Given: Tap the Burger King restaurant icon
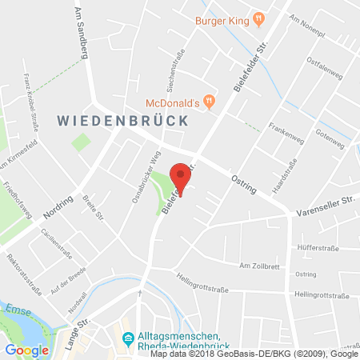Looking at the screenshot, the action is [258, 17].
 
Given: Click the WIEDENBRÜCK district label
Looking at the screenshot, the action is [122, 121].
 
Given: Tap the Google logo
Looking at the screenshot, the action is [26, 350].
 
